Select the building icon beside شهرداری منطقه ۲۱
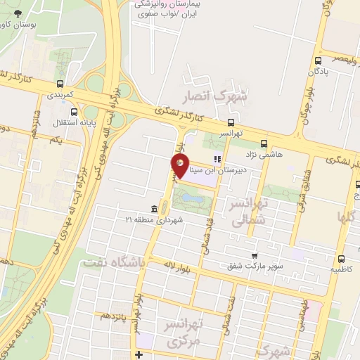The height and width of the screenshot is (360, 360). click(x=153, y=208)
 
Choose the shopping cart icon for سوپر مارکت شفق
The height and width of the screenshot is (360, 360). click(x=254, y=256)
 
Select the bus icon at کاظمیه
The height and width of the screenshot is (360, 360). click(x=341, y=259)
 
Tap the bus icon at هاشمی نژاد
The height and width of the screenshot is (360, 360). click(x=264, y=141)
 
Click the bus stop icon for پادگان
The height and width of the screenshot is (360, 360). click(x=319, y=60)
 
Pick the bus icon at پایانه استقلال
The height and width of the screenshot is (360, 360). click(x=75, y=111)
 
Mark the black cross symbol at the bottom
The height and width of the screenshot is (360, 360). click(x=140, y=353)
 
